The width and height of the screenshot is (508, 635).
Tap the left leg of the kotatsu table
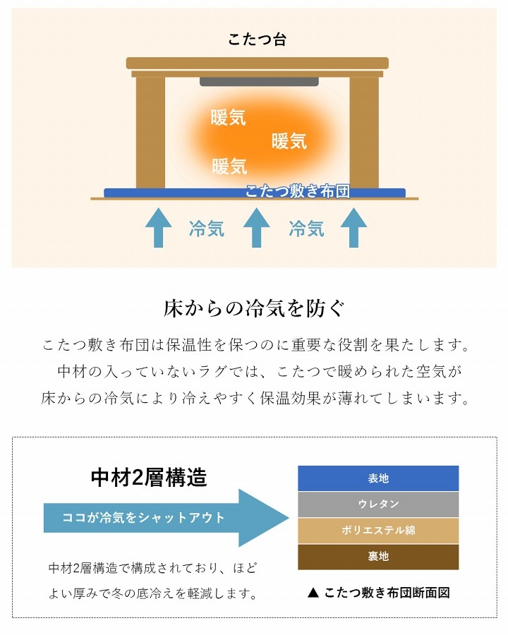click(x=150, y=131)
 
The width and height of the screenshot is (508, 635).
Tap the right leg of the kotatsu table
click(x=364, y=131)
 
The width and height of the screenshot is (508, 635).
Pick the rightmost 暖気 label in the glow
click(x=289, y=141)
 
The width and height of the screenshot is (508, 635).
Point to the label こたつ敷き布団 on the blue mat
click(x=297, y=191)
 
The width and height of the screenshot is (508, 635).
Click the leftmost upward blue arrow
click(x=158, y=227)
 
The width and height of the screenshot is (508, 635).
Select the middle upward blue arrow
click(x=257, y=227)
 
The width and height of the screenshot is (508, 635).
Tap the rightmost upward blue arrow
click(x=354, y=227)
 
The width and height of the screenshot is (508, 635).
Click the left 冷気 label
click(x=207, y=229)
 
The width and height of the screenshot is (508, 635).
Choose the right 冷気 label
click(x=306, y=229)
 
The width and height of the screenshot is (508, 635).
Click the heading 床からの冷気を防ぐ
click(x=254, y=309)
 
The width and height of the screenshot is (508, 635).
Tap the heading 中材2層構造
click(x=149, y=478)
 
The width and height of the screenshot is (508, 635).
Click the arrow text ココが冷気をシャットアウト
click(x=144, y=517)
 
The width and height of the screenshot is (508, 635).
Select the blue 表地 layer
click(x=378, y=478)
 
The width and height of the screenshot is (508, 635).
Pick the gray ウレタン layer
click(x=378, y=504)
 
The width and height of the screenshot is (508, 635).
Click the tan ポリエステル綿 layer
click(x=378, y=531)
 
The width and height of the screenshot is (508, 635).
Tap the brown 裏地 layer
click(x=378, y=557)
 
